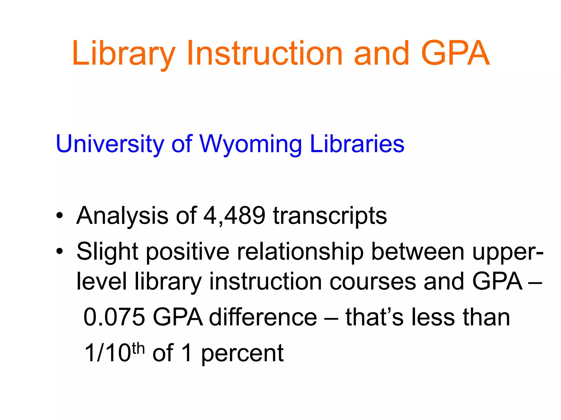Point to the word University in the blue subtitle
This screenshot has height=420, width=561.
click(x=110, y=144)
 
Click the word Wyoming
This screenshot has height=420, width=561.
click(x=250, y=144)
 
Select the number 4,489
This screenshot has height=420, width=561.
click(x=234, y=216)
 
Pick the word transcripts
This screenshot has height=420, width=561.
click(x=330, y=216)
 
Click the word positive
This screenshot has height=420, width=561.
click(x=187, y=252)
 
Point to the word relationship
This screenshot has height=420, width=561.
click(x=300, y=252)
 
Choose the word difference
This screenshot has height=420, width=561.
click(x=263, y=317)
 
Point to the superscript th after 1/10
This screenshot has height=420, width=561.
click(x=138, y=349)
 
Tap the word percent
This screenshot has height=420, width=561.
click(x=242, y=353)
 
